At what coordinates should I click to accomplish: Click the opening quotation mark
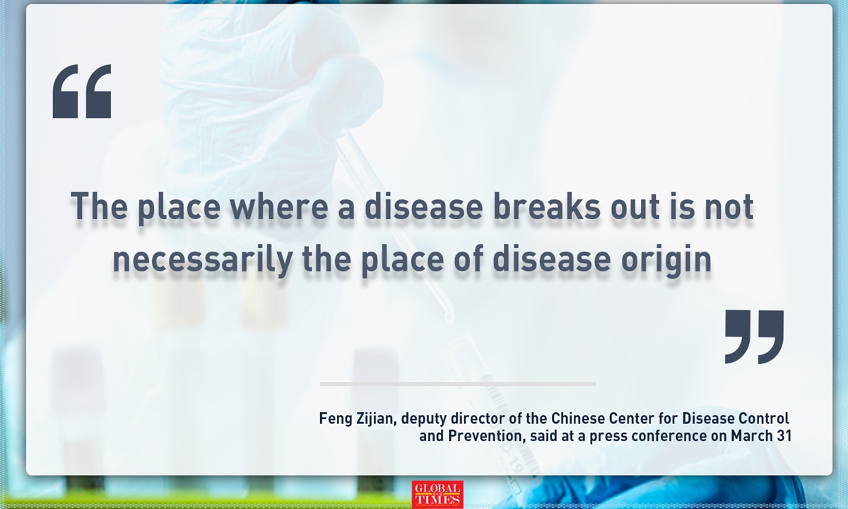pyautogui.click(x=82, y=91)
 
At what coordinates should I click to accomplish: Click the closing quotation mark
pyautogui.click(x=754, y=337)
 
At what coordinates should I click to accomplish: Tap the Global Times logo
pyautogui.click(x=437, y=494)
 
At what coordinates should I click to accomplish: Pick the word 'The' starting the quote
pyautogui.click(x=96, y=206)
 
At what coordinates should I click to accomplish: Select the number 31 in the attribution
pyautogui.click(x=782, y=435)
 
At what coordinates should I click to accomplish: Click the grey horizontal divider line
pyautogui.click(x=458, y=384)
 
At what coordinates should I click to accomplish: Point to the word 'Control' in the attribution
pyautogui.click(x=766, y=419)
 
